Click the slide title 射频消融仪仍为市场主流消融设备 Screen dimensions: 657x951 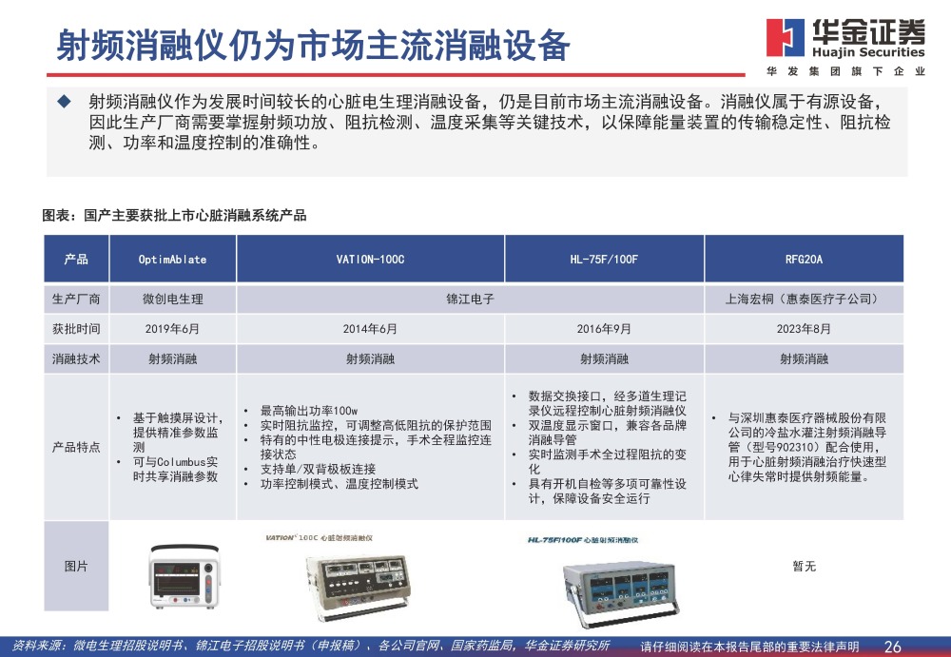(x=313, y=45)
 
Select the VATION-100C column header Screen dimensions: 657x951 (x=370, y=260)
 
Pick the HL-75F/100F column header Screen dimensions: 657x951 (x=604, y=260)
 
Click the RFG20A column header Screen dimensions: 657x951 (x=804, y=260)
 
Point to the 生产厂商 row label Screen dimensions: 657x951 (x=76, y=299)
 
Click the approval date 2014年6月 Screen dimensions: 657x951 (x=370, y=329)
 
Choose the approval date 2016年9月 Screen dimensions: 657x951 (x=604, y=329)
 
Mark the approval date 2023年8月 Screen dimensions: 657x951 (x=804, y=329)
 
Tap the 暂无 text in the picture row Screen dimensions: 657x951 (x=804, y=567)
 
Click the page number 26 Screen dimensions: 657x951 (x=892, y=647)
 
